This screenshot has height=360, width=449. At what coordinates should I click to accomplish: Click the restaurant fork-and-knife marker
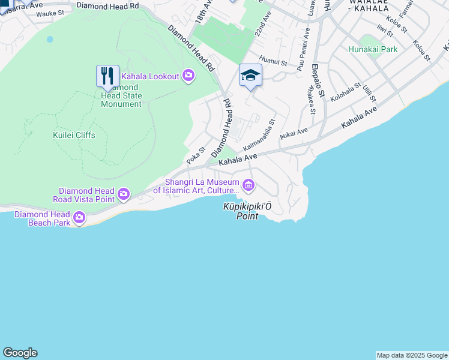click(x=107, y=76)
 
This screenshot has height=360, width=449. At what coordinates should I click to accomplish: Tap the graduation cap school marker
click(x=250, y=75)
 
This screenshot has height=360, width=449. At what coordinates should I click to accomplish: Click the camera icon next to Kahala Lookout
click(x=188, y=76)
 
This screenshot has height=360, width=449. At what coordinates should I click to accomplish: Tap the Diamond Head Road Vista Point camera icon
click(x=124, y=193)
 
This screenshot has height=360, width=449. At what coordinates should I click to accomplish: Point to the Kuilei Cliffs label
click(x=74, y=135)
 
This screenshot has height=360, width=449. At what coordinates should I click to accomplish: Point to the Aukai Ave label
click(x=294, y=133)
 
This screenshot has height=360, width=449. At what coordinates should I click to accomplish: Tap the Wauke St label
click(x=50, y=13)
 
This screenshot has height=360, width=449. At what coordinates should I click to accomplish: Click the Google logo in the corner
click(x=20, y=353)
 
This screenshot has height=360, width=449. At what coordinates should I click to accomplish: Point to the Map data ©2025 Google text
click(x=412, y=355)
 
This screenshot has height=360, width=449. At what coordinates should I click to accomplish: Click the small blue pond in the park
click(x=49, y=39)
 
